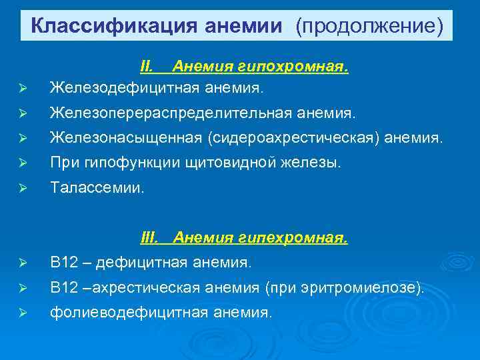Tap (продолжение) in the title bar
[x=370, y=26]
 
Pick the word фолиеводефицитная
[x=126, y=311]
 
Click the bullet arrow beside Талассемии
[x=23, y=189]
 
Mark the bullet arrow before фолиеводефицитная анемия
[x=23, y=313]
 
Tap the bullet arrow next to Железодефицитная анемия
[x=23, y=87]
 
